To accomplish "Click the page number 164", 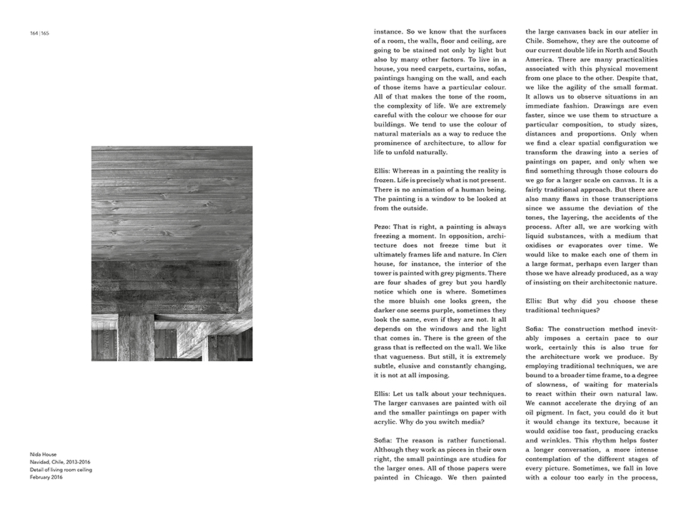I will (x=34, y=33).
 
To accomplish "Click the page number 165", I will (x=45, y=33).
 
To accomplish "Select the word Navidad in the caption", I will (x=41, y=462).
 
